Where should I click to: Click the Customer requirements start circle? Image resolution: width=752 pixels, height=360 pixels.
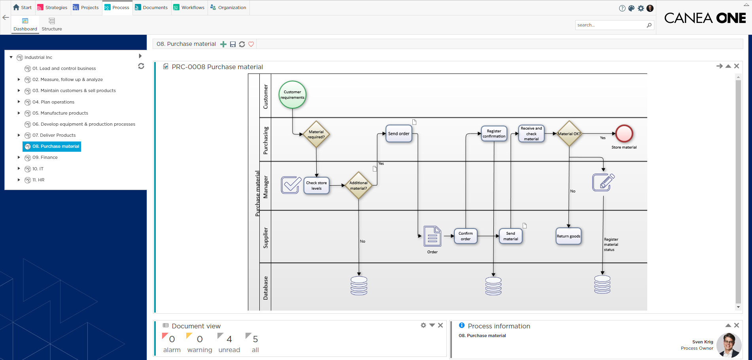pos(292,95)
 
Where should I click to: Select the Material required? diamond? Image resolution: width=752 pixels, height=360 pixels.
pos(316,134)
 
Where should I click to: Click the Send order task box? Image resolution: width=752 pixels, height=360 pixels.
pos(399,134)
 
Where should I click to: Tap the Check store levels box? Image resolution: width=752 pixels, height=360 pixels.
pos(316,186)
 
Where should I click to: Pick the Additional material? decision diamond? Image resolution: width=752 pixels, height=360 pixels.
pos(358,185)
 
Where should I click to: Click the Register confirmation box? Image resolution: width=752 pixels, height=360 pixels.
pos(494,134)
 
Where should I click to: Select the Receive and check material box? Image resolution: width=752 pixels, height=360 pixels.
pos(531,134)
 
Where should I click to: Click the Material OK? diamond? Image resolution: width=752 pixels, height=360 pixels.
pos(569,134)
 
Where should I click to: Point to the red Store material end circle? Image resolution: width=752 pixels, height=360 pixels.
pos(624,134)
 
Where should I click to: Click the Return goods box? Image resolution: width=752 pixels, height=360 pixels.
pos(568,236)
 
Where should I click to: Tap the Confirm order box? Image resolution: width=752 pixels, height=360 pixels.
pos(465,236)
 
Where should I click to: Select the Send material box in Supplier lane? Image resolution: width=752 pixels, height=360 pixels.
pos(510,236)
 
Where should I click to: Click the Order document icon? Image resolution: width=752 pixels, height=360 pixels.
pos(432,236)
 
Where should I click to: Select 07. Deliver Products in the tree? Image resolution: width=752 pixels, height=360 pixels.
pos(54,135)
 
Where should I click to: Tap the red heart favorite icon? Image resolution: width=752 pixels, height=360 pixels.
pos(251,44)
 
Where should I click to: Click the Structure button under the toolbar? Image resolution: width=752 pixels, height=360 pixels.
pos(52,24)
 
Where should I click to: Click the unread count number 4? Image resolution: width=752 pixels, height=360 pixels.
pos(229,339)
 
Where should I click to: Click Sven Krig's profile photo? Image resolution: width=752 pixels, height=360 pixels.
pos(728,345)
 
